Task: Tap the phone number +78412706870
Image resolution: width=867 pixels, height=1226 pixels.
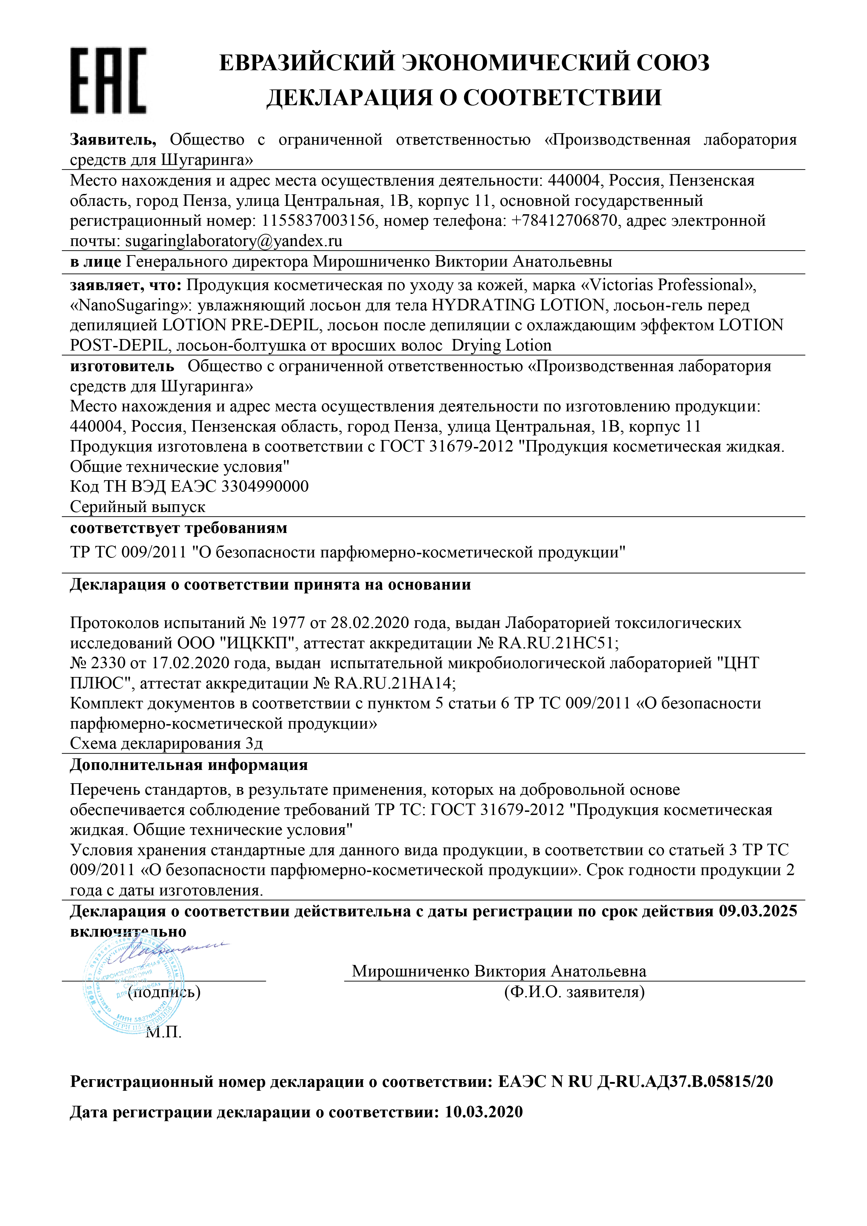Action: (564, 221)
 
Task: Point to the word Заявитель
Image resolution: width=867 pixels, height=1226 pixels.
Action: (113, 140)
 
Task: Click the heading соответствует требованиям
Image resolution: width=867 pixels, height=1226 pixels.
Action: (178, 528)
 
